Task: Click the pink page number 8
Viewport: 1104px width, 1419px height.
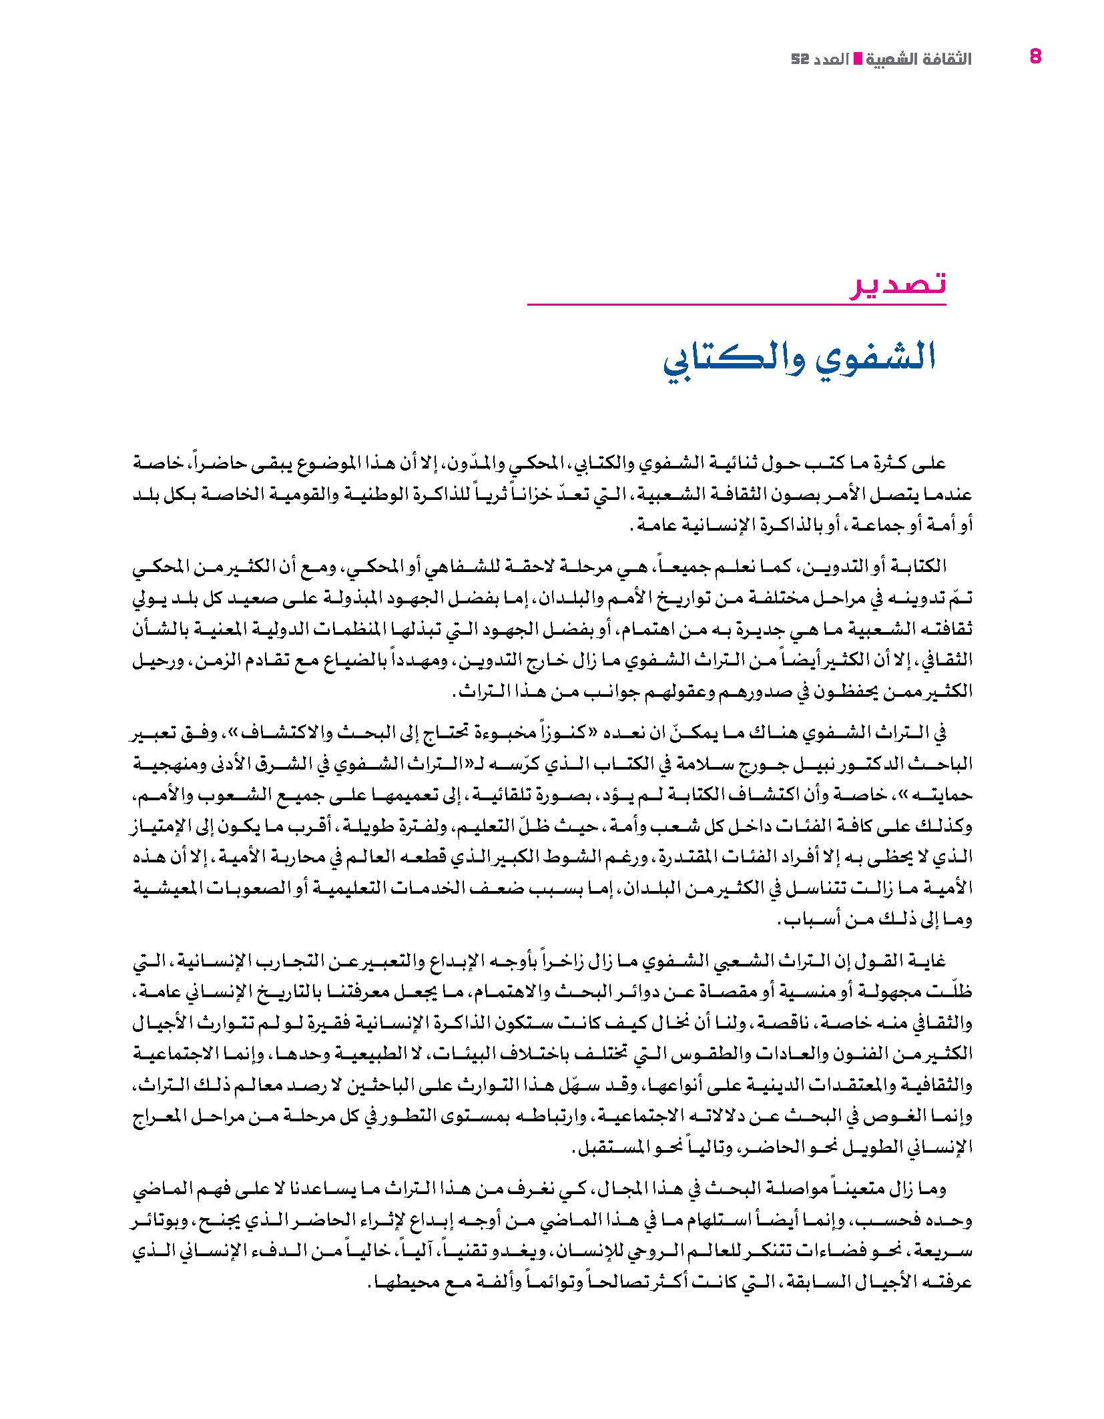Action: tap(1035, 57)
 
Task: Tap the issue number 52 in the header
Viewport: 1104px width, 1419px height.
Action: tap(799, 59)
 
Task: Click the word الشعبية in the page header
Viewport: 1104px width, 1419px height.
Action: tap(891, 59)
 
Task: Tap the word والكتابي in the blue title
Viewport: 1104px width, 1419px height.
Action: tap(734, 361)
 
